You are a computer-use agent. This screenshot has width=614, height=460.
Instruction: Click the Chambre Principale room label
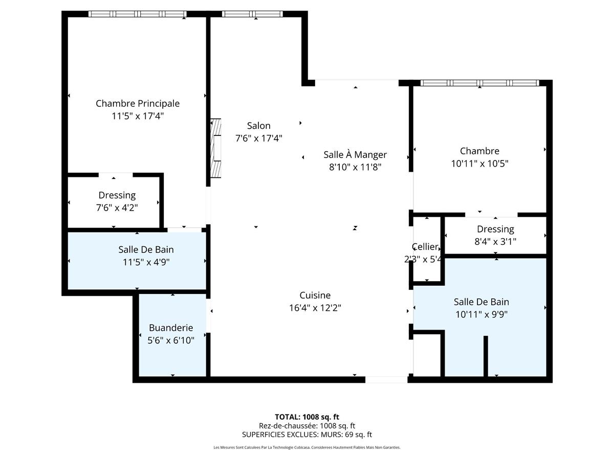[x=138, y=103]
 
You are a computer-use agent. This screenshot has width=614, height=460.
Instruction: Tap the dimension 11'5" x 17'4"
[x=138, y=116]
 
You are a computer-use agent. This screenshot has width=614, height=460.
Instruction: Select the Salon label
[x=258, y=125]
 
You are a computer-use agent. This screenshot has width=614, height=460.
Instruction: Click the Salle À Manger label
[x=355, y=154]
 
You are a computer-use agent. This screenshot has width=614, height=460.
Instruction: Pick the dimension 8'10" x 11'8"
[x=355, y=167]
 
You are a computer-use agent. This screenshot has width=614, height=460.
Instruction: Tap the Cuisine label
[x=315, y=295]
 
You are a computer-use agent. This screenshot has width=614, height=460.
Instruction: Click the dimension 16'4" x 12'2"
[x=315, y=308]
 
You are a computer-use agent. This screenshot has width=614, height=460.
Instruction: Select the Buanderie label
[x=171, y=328]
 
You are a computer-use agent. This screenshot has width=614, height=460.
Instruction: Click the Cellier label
[x=425, y=247]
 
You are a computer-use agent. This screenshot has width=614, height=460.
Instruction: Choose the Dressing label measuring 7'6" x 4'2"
[x=117, y=195]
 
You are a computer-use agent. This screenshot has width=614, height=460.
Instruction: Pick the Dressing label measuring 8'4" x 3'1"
[x=495, y=229]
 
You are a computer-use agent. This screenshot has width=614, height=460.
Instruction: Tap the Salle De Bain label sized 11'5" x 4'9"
[x=146, y=249]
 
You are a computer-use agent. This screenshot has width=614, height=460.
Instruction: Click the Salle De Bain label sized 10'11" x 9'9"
[x=481, y=302]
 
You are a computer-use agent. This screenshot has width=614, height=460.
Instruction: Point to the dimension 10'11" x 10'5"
[x=479, y=164]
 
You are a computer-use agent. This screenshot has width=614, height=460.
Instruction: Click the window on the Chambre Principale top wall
[x=137, y=14]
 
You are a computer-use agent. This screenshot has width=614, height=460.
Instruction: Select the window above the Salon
[x=252, y=14]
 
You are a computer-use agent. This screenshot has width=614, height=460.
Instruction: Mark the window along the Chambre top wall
[x=479, y=83]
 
